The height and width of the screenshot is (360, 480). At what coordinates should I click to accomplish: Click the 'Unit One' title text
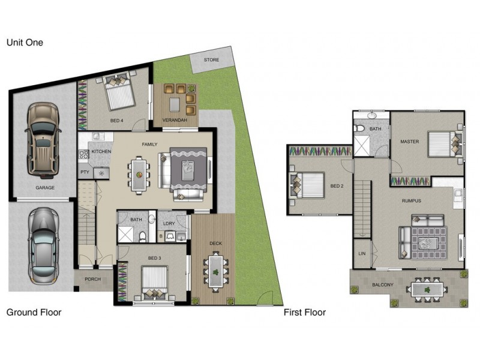click(x=25, y=43)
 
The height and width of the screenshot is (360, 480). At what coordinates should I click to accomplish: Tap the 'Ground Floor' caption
click(x=34, y=312)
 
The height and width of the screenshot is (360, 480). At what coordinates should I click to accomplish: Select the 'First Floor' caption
click(x=304, y=312)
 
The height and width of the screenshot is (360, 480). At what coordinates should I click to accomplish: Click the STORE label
click(x=211, y=60)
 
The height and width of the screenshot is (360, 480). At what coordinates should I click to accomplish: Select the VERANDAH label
click(x=175, y=121)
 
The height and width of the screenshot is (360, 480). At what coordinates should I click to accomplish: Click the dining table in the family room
click(x=139, y=175)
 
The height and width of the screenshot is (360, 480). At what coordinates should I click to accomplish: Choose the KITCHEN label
click(x=101, y=152)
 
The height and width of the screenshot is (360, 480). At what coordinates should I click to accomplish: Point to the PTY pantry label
click(x=85, y=173)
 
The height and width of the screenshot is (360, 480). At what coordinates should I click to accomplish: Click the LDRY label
click(x=169, y=223)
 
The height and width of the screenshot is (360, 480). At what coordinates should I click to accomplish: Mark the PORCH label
click(x=93, y=280)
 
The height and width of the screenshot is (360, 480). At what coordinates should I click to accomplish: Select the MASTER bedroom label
click(x=410, y=142)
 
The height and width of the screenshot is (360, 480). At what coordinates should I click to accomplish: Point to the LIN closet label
click(x=362, y=254)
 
